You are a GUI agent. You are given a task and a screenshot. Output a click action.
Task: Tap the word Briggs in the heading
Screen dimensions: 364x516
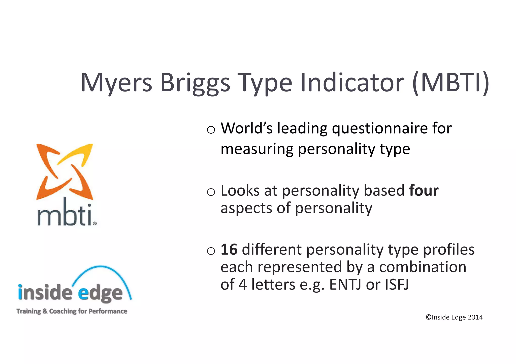195,83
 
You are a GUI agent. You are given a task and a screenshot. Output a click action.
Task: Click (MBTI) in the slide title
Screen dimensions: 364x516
451,83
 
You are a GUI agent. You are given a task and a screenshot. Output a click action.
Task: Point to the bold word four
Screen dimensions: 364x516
424,191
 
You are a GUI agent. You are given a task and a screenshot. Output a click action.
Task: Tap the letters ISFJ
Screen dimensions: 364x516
397,285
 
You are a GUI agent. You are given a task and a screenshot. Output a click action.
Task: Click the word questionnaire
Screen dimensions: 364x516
379,129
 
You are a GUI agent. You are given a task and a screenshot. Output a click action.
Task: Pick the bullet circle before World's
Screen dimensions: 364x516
211,130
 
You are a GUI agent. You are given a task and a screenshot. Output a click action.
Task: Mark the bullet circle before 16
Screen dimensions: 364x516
211,251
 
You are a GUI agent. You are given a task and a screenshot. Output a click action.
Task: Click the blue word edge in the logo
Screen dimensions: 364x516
100,293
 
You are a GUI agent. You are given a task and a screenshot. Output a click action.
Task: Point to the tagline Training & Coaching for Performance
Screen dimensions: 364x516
72,311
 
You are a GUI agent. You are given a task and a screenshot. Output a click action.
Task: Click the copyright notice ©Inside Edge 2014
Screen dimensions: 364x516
454,317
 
